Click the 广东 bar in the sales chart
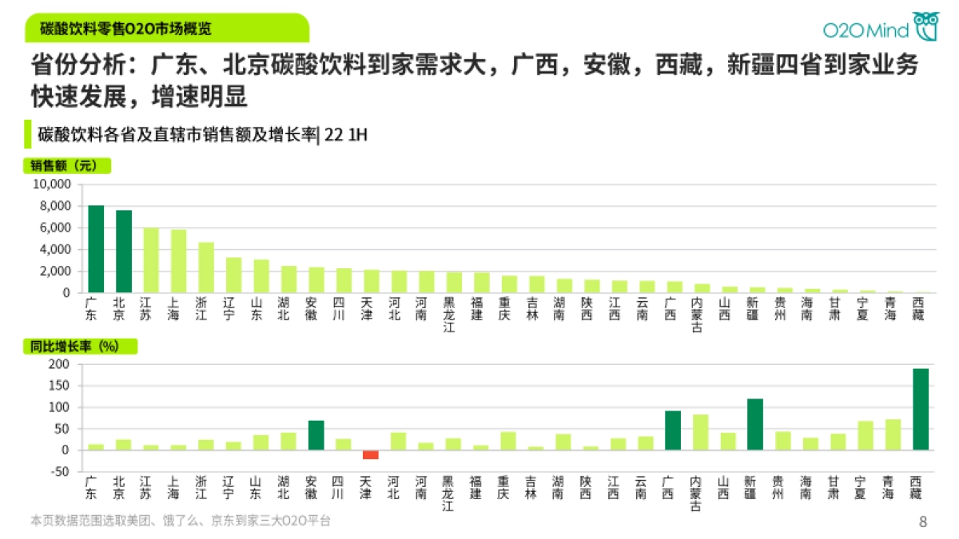(x=96, y=249)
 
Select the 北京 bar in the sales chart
(x=124, y=252)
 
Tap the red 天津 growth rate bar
(x=371, y=454)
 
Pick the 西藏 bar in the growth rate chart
(x=921, y=409)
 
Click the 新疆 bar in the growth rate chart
(x=755, y=424)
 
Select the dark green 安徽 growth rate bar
(x=316, y=435)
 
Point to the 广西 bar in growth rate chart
(x=673, y=430)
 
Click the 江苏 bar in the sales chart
(x=151, y=260)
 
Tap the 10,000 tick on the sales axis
(x=52, y=184)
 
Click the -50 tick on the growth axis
(x=61, y=472)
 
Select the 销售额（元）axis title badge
(x=67, y=166)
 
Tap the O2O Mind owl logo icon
(x=927, y=26)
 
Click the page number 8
(x=923, y=522)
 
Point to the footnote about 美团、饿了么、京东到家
(x=180, y=521)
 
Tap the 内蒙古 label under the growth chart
(x=700, y=494)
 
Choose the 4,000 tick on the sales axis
(x=54, y=250)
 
